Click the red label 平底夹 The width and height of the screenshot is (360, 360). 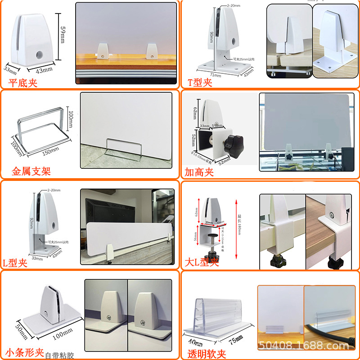(22, 82)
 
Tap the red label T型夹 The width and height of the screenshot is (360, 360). (199, 82)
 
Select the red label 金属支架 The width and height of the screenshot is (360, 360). (31, 171)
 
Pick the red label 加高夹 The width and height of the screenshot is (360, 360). (198, 172)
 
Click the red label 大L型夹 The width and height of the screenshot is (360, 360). (202, 262)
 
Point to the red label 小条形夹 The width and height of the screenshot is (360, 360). (25, 351)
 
